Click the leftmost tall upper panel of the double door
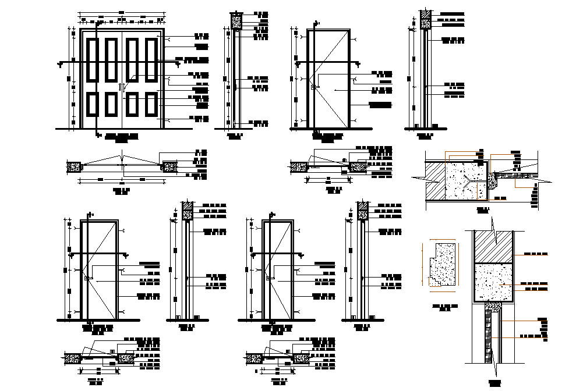93,59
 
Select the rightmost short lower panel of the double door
151,105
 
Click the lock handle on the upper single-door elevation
313,88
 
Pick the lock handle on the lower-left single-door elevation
87,279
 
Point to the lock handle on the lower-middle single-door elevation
269,279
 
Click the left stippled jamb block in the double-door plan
74,167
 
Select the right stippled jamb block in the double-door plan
169,167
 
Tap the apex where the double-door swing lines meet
122,155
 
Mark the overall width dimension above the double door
121,12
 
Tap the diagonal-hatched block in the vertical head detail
493,247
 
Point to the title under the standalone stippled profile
444,307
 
